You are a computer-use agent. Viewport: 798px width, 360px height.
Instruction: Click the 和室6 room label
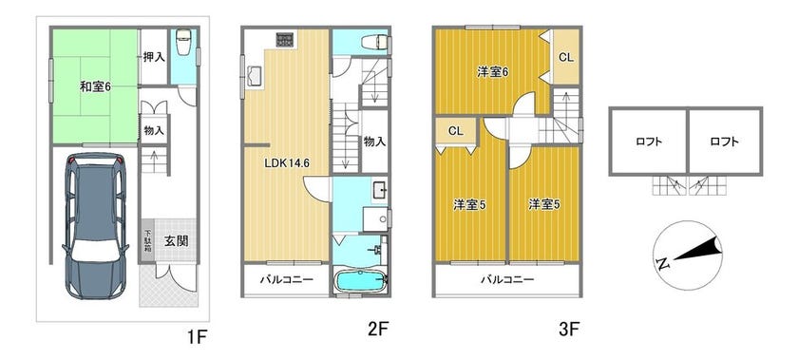click(x=95, y=87)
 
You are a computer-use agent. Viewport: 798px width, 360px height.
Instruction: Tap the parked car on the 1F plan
click(x=95, y=225)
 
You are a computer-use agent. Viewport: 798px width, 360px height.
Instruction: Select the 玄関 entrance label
click(x=176, y=241)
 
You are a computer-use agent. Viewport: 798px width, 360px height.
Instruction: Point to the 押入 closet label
click(x=154, y=57)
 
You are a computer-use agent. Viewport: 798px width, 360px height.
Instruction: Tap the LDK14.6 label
click(x=287, y=163)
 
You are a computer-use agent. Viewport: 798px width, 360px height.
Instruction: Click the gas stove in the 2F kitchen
click(x=287, y=40)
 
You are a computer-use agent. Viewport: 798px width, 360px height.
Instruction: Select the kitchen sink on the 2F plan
click(x=254, y=77)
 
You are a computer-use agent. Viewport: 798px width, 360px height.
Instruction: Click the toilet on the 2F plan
click(x=377, y=42)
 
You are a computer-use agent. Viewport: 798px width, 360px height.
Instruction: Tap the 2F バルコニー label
click(x=286, y=279)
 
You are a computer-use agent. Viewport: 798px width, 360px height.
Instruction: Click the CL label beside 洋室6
click(x=566, y=58)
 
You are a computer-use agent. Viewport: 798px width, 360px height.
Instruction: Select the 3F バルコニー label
click(x=507, y=279)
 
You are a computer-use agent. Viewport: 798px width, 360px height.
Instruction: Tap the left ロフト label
click(x=649, y=142)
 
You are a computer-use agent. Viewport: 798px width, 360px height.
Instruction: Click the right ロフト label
click(x=724, y=142)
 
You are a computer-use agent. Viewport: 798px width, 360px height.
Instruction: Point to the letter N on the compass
click(x=663, y=263)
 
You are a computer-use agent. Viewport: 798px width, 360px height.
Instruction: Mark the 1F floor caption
click(x=197, y=336)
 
